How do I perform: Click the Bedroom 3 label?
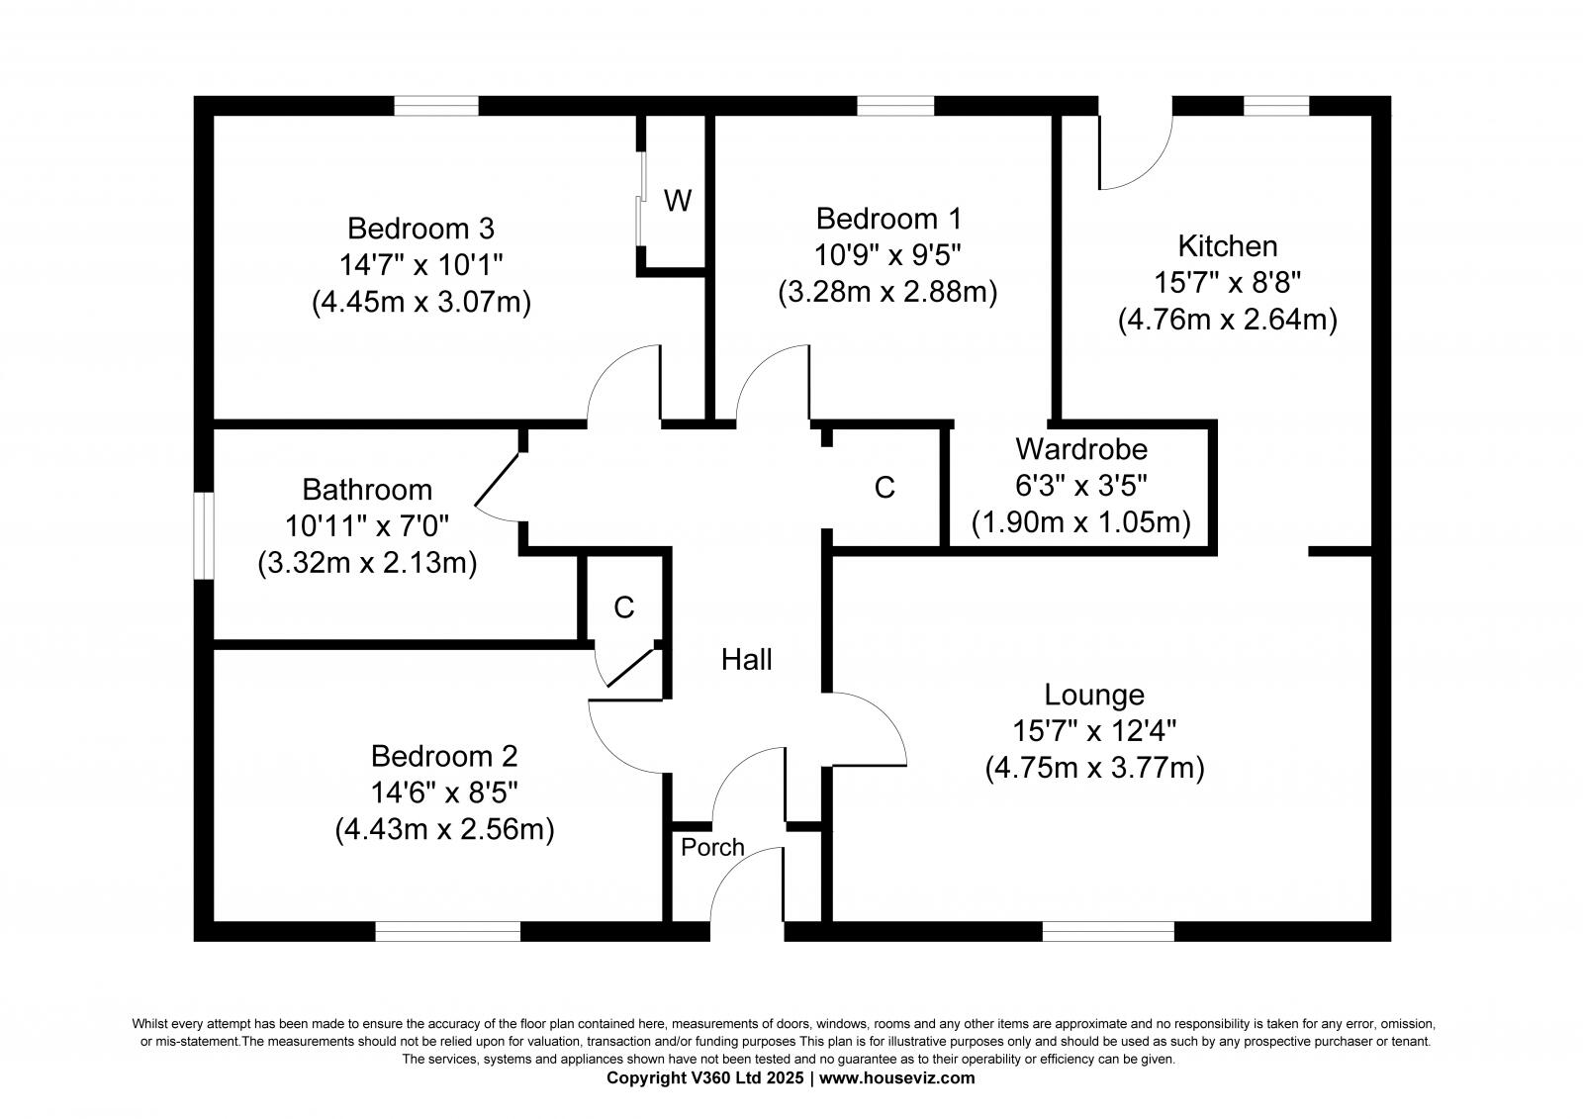[x=420, y=229]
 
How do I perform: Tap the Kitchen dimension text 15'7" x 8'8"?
[x=1227, y=283]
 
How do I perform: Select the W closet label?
[x=678, y=201]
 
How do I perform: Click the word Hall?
[x=746, y=660]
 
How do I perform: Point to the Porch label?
[x=712, y=847]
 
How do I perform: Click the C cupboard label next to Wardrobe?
[x=885, y=487]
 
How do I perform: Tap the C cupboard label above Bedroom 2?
[x=623, y=607]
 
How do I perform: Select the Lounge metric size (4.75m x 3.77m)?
[x=1094, y=768]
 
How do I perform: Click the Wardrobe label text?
[x=1081, y=449]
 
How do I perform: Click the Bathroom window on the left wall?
[x=204, y=535]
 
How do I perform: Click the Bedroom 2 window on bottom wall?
[x=447, y=931]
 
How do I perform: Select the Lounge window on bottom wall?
[x=1108, y=931]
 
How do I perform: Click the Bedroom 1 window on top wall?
[x=894, y=106]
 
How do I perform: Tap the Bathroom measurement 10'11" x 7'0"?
[x=367, y=526]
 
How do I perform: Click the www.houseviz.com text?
[x=896, y=1078]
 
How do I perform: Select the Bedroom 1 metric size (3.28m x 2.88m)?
[x=887, y=292]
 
